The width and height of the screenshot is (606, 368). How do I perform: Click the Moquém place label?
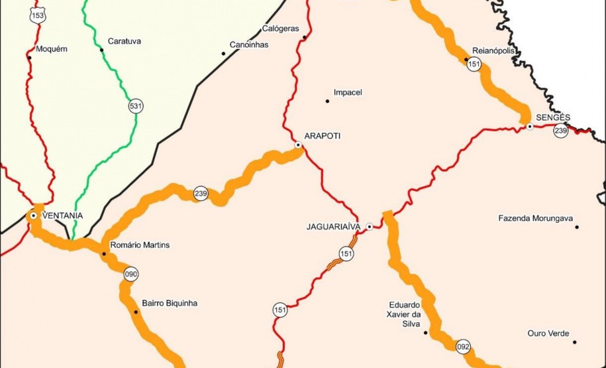pos(51,49)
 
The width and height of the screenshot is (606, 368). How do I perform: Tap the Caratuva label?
pos(125,41)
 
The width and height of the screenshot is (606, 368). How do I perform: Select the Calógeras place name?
pos(280,29)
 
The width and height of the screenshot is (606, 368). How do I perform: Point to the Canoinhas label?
pos(248,45)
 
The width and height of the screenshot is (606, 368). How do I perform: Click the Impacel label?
pos(348,92)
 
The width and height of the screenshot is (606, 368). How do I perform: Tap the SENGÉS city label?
pos(553,117)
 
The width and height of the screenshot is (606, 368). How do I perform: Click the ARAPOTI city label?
pos(322,135)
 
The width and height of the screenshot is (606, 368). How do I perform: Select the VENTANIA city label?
pos(62,215)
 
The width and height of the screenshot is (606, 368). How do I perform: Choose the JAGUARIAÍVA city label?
pos(333,227)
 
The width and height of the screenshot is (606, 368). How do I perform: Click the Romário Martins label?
pos(139,245)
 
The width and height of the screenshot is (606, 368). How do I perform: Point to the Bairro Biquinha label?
pos(170,303)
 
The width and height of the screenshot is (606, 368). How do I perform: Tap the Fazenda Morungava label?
pos(535,218)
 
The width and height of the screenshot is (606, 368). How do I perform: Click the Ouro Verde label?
pos(548,334)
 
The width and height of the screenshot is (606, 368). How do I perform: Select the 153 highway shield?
pos(38,15)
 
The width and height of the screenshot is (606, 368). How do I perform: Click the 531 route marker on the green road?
pos(136,105)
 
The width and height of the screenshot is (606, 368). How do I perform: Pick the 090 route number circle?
pos(131,273)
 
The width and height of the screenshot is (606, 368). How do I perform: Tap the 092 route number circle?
pos(464,347)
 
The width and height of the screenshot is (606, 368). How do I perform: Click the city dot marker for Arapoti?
pos(299,145)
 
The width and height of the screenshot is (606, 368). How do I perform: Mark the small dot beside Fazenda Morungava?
pos(577,227)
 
